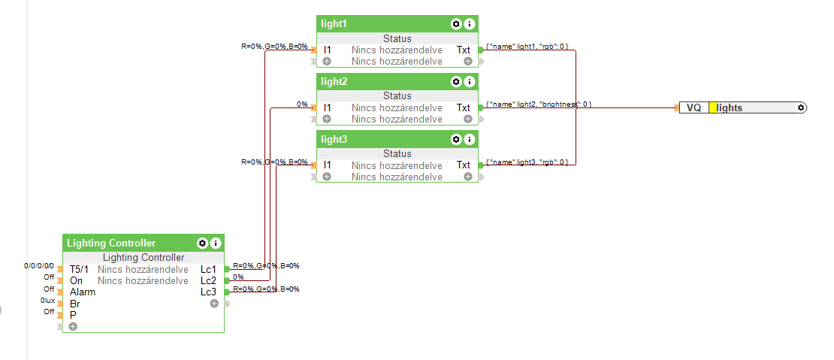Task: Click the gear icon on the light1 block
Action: coord(455,24)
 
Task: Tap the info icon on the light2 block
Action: coord(469,81)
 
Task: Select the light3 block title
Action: coord(334,140)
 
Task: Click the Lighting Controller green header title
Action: coord(111,244)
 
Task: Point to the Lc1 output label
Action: coord(208,269)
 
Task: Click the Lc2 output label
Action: coord(208,280)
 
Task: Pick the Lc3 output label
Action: coord(208,292)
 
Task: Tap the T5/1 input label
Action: coord(79,269)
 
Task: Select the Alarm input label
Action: coord(83,292)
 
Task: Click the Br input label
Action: coord(75,304)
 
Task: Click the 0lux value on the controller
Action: coord(47,301)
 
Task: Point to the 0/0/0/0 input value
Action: coord(39,266)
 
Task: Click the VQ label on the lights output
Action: coord(693,108)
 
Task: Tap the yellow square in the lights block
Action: coord(713,108)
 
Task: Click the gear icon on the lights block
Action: coord(801,108)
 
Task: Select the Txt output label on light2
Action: coord(464,107)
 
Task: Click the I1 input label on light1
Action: coord(328,50)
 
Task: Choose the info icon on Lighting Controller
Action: coord(216,244)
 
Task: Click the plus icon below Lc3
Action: coord(214,304)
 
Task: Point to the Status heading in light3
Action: coord(397,153)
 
